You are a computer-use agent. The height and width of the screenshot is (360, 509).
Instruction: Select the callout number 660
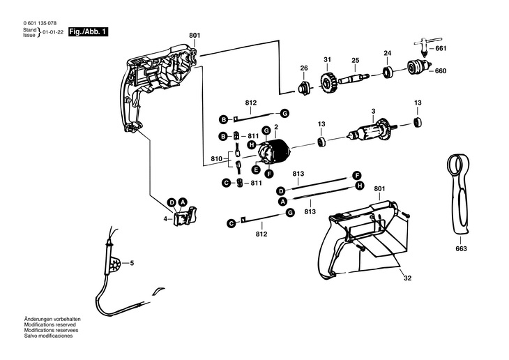[x=440, y=71]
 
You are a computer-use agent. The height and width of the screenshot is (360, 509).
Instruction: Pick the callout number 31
[x=326, y=59]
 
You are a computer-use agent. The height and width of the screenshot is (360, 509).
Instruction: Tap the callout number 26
[x=303, y=68]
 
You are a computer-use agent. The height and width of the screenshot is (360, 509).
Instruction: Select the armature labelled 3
[x=371, y=133]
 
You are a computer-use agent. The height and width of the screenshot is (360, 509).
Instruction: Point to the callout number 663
[x=461, y=249]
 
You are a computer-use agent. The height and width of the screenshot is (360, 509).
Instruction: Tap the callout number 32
[x=407, y=278]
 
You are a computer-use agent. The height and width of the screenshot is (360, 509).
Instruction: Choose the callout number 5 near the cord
[x=132, y=263]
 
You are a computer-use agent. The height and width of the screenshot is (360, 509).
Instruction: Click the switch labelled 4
[x=185, y=216]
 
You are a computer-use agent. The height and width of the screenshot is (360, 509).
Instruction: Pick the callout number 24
[x=388, y=52]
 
